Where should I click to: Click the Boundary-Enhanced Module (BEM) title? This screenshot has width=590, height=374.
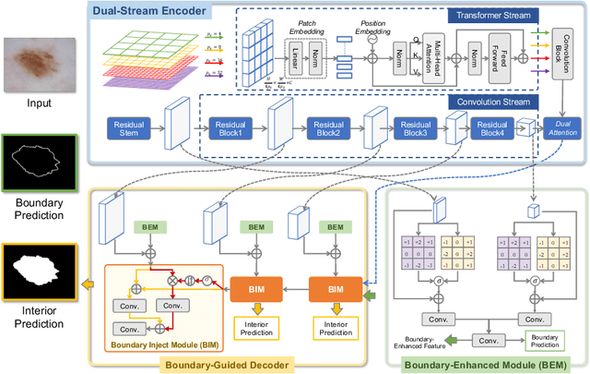pyautogui.click(x=483, y=365)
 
